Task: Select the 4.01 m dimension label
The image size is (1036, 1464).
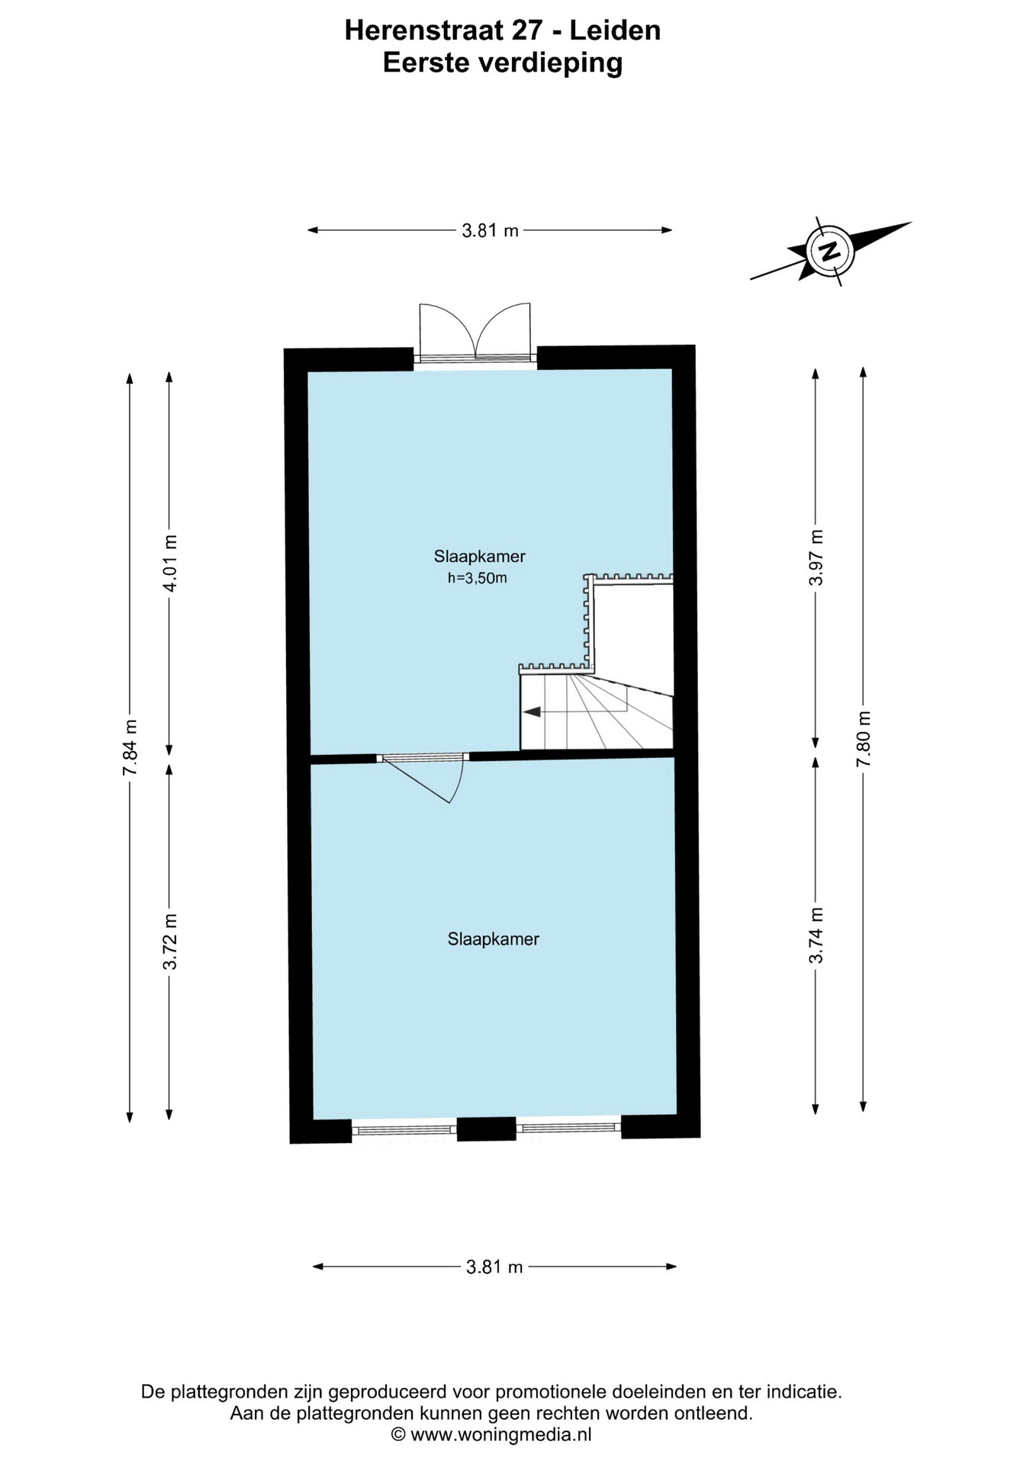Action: pos(169,563)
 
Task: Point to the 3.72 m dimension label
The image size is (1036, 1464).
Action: pos(169,942)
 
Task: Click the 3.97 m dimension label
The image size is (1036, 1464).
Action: pos(816,557)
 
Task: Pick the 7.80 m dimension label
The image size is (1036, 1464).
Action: pos(863,740)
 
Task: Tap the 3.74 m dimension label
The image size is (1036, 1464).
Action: pos(816,935)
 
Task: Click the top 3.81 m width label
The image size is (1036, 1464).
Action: pos(490,230)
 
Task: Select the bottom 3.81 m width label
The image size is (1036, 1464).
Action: pos(494,1267)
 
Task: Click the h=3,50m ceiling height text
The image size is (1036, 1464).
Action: pos(478,578)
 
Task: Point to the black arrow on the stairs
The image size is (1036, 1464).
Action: pos(532,711)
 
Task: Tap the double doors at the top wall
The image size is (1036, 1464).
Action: pos(475,332)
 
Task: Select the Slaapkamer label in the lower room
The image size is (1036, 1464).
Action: pos(493,939)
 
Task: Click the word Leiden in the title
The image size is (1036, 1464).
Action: pos(616,30)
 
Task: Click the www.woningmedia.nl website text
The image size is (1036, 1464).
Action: pos(501,1434)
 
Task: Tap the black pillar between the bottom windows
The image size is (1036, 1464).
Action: pos(487,1128)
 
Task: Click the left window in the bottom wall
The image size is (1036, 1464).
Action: pos(404,1130)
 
